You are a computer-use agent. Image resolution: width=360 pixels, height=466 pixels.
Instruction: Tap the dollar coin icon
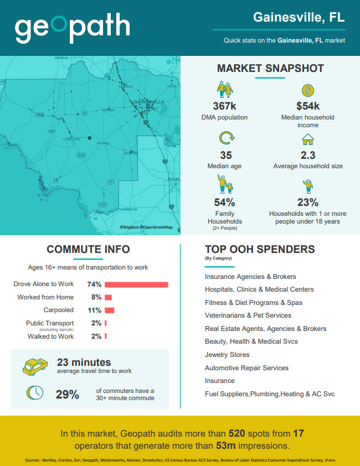point(307,90)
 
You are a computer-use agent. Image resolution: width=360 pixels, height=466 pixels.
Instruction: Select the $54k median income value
point(307,106)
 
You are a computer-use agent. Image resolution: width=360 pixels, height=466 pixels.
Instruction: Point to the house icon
point(307,139)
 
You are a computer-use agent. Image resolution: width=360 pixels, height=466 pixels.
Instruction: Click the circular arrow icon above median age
point(225,138)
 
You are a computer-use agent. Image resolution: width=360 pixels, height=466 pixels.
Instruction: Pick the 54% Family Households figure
point(224,203)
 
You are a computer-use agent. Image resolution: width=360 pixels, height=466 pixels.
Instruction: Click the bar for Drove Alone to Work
point(136,284)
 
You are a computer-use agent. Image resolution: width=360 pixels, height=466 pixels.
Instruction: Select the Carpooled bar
point(109,310)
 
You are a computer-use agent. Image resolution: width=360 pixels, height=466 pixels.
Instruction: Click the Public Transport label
point(50,323)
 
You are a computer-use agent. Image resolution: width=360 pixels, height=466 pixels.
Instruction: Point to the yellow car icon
point(34,366)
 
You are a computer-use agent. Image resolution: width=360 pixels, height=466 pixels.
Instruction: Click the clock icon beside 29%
point(35,392)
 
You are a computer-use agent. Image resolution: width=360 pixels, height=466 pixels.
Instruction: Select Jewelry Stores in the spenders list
point(227,355)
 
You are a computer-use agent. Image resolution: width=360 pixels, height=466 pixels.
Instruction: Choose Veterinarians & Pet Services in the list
point(248,315)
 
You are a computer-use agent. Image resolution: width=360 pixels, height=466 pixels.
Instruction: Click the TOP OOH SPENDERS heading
point(260,250)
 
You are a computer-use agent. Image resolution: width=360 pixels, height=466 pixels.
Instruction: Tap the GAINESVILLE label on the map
point(148,102)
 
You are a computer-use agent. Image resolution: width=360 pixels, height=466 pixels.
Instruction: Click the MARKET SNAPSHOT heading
point(270,69)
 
